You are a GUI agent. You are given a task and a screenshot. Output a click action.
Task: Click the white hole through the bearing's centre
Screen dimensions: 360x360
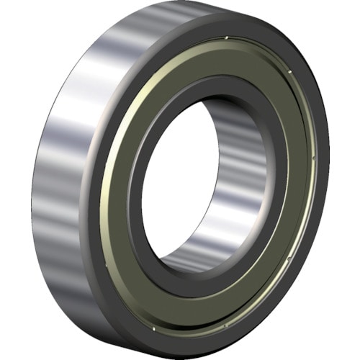click(176, 184)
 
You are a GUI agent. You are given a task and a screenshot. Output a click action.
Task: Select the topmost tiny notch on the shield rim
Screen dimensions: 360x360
click(227, 37)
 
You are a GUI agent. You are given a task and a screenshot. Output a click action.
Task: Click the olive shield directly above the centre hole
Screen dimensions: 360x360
click(209, 68)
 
